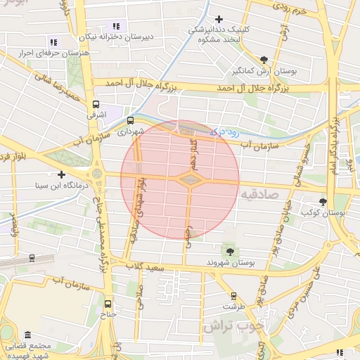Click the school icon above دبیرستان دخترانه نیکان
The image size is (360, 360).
[x=115, y=26]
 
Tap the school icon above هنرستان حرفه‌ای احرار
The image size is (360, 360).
[x=53, y=44]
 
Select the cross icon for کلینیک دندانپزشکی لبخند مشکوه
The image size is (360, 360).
[x=219, y=19]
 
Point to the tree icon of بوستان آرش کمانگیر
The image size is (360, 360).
[x=264, y=60]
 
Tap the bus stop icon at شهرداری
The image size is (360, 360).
[x=129, y=120]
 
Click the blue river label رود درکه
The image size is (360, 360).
[x=224, y=131]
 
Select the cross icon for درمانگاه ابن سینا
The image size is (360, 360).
[x=62, y=174]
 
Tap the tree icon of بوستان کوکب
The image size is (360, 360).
[x=323, y=201]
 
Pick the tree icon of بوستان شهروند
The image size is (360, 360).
[x=229, y=250]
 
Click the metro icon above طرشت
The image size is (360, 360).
[x=234, y=296]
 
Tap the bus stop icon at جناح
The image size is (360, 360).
[x=108, y=304]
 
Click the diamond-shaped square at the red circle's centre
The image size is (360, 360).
[x=189, y=180]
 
